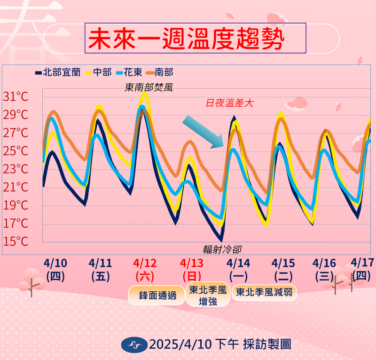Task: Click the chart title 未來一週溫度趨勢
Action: (x=186, y=39)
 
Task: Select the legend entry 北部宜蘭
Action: (x=58, y=72)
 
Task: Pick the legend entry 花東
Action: (x=129, y=72)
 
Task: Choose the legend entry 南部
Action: (x=160, y=72)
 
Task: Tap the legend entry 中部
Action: (x=99, y=72)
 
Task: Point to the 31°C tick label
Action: (x=16, y=96)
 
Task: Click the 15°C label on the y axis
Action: (x=16, y=241)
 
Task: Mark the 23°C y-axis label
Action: (x=16, y=169)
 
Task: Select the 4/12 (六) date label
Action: (x=145, y=270)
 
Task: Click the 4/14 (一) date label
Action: (x=238, y=270)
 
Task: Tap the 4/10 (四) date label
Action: (x=55, y=270)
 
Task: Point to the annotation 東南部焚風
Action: (x=149, y=88)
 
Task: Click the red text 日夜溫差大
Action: (x=229, y=103)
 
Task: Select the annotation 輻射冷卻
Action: (x=222, y=249)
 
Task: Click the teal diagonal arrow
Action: (x=203, y=132)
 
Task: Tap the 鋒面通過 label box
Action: (x=157, y=295)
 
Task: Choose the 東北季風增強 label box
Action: (x=208, y=295)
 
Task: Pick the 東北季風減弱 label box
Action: (x=264, y=292)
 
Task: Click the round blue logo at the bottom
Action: (x=134, y=345)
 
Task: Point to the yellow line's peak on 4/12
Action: (x=145, y=93)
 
